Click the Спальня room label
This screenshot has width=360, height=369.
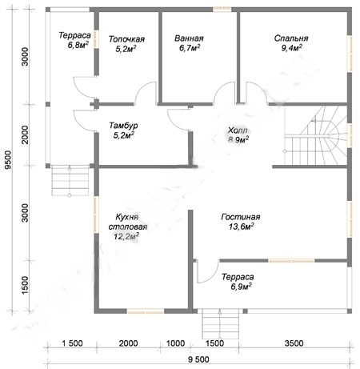(x=291, y=38)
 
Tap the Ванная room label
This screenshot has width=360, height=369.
(x=189, y=38)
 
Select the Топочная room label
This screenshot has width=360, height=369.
(x=126, y=39)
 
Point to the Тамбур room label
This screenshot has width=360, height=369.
(x=123, y=126)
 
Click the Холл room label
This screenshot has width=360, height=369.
(x=238, y=130)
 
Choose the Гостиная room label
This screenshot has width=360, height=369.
(x=241, y=217)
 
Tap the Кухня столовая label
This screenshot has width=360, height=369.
(x=128, y=222)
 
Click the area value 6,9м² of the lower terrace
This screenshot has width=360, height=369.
(x=242, y=287)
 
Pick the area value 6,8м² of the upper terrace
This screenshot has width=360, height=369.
(x=78, y=45)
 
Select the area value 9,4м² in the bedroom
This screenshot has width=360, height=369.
(x=291, y=48)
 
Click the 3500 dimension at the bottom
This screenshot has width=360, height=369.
(x=294, y=343)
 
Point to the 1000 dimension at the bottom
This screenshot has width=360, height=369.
(x=175, y=343)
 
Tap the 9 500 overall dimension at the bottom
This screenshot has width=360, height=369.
(x=198, y=359)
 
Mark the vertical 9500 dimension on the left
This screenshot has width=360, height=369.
(x=9, y=160)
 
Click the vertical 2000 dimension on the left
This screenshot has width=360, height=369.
(x=25, y=134)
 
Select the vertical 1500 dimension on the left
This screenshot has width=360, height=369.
(x=25, y=285)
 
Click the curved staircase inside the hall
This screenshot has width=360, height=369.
(x=316, y=135)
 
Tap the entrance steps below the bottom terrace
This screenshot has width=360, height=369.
(x=220, y=324)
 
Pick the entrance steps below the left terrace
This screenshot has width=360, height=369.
(x=70, y=181)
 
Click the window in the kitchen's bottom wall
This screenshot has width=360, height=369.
(x=145, y=311)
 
